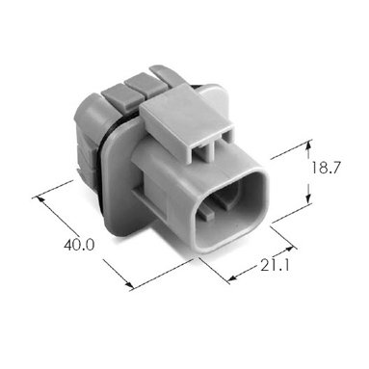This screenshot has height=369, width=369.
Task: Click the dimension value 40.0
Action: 79,246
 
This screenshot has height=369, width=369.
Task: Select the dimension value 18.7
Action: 326,168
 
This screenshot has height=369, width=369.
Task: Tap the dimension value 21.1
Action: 275,265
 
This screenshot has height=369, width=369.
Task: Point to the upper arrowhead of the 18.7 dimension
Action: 308,146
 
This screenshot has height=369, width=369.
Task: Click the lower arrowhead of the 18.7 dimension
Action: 308,198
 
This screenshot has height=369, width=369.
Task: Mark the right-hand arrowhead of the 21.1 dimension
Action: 289,250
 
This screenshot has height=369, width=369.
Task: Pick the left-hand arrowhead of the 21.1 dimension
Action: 233,278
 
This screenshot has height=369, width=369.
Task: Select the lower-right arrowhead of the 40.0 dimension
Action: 128,284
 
